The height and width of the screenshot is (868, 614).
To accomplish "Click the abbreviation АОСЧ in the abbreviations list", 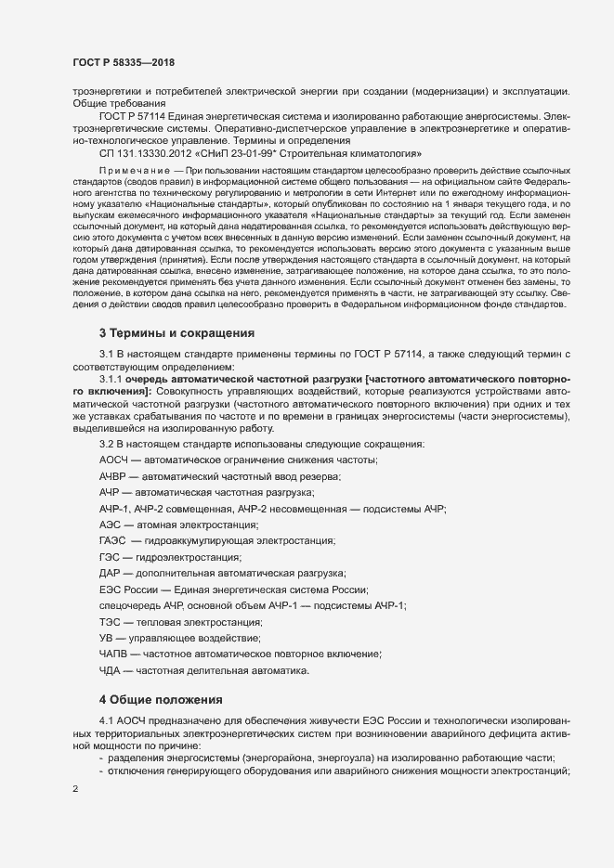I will (114, 460).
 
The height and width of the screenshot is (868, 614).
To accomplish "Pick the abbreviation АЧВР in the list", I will (114, 476).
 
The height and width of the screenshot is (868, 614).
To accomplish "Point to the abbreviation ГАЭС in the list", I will (114, 540).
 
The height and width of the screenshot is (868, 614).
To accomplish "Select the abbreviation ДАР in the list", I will (109, 573).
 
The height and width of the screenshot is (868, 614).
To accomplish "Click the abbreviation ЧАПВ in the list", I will (114, 654).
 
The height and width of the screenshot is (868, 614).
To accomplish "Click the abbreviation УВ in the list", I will (106, 638).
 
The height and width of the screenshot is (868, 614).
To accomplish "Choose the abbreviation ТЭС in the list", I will (111, 621).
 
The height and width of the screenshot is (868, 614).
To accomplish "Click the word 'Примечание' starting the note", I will (138, 173).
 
